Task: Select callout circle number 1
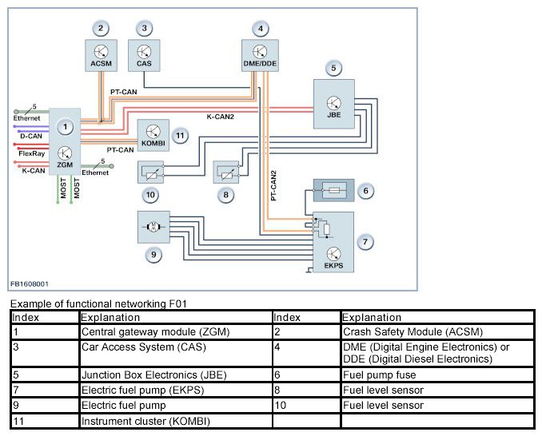(x=68, y=125)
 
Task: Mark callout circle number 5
(x=334, y=69)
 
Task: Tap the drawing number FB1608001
(x=30, y=283)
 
